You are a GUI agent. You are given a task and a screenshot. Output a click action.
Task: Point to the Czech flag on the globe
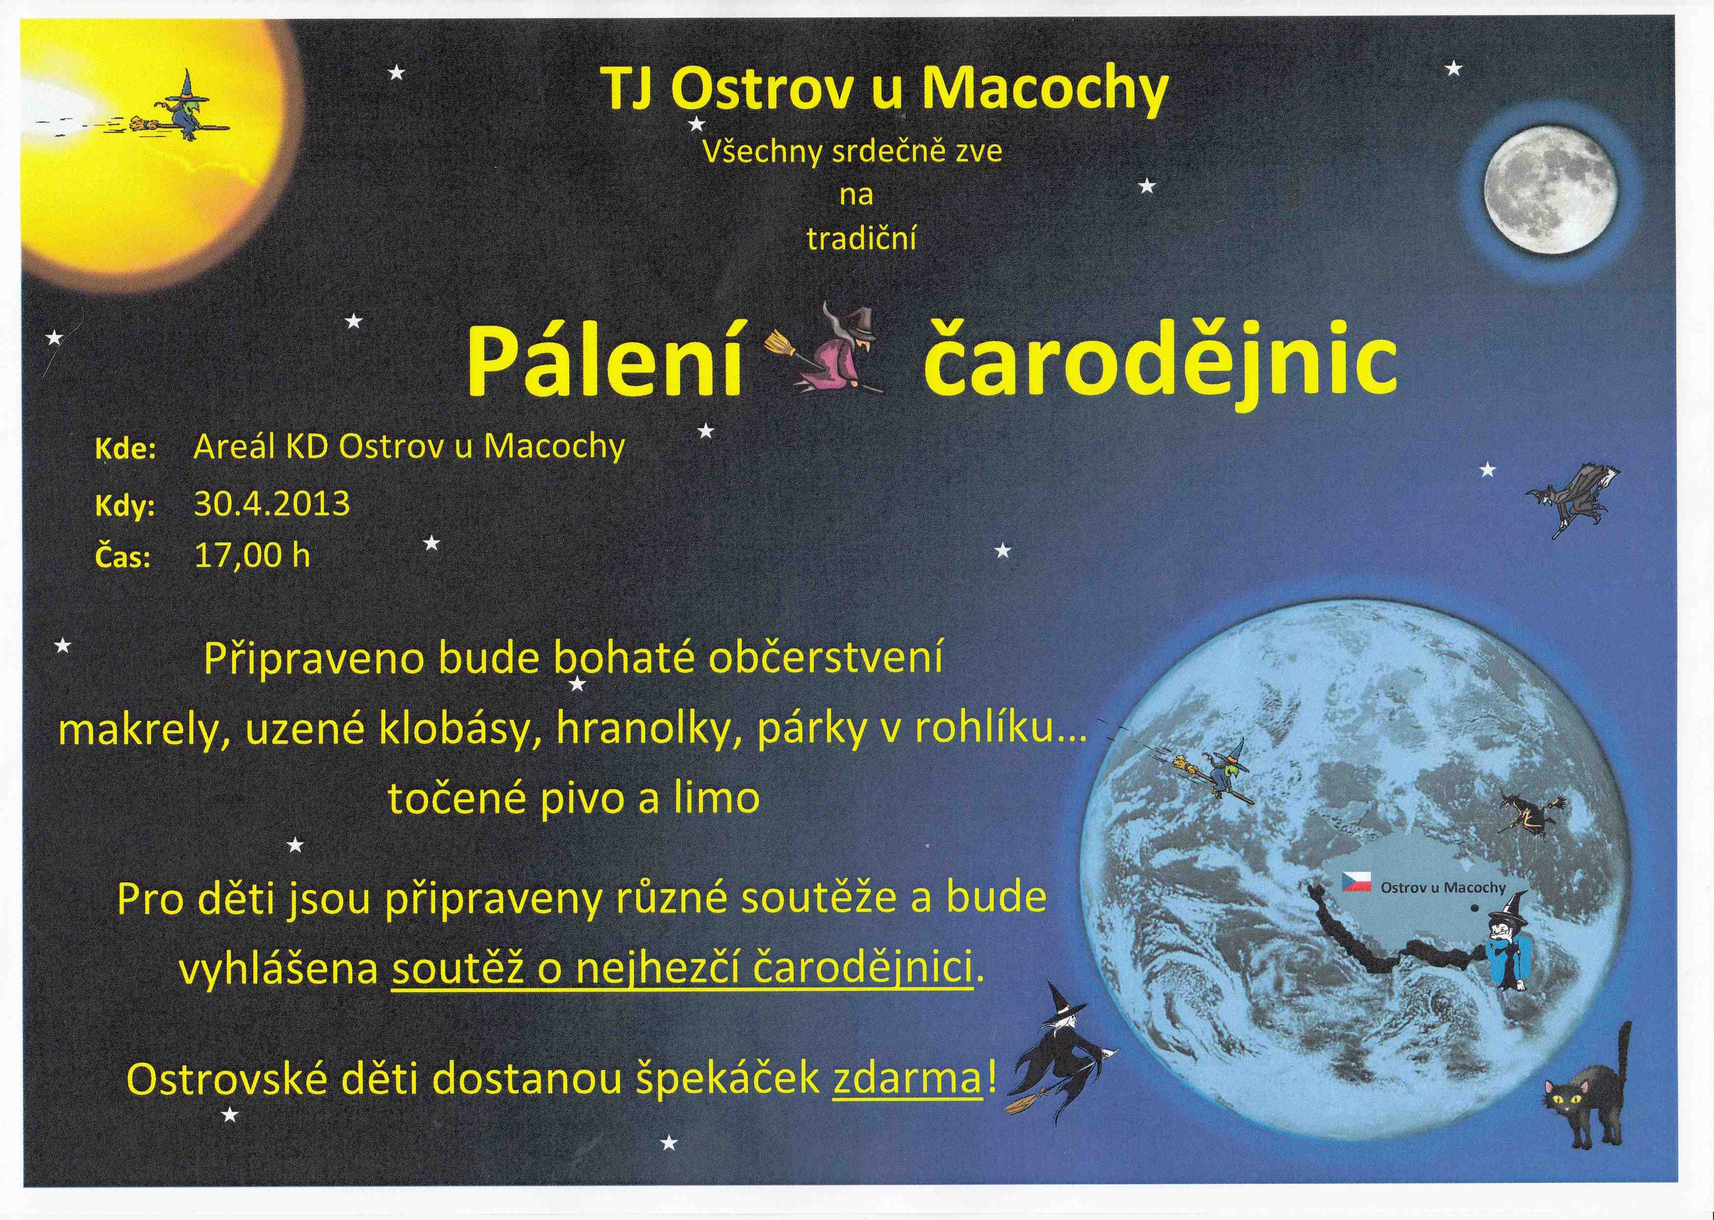click(1357, 883)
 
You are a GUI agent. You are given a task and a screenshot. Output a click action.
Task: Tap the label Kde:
click(124, 451)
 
